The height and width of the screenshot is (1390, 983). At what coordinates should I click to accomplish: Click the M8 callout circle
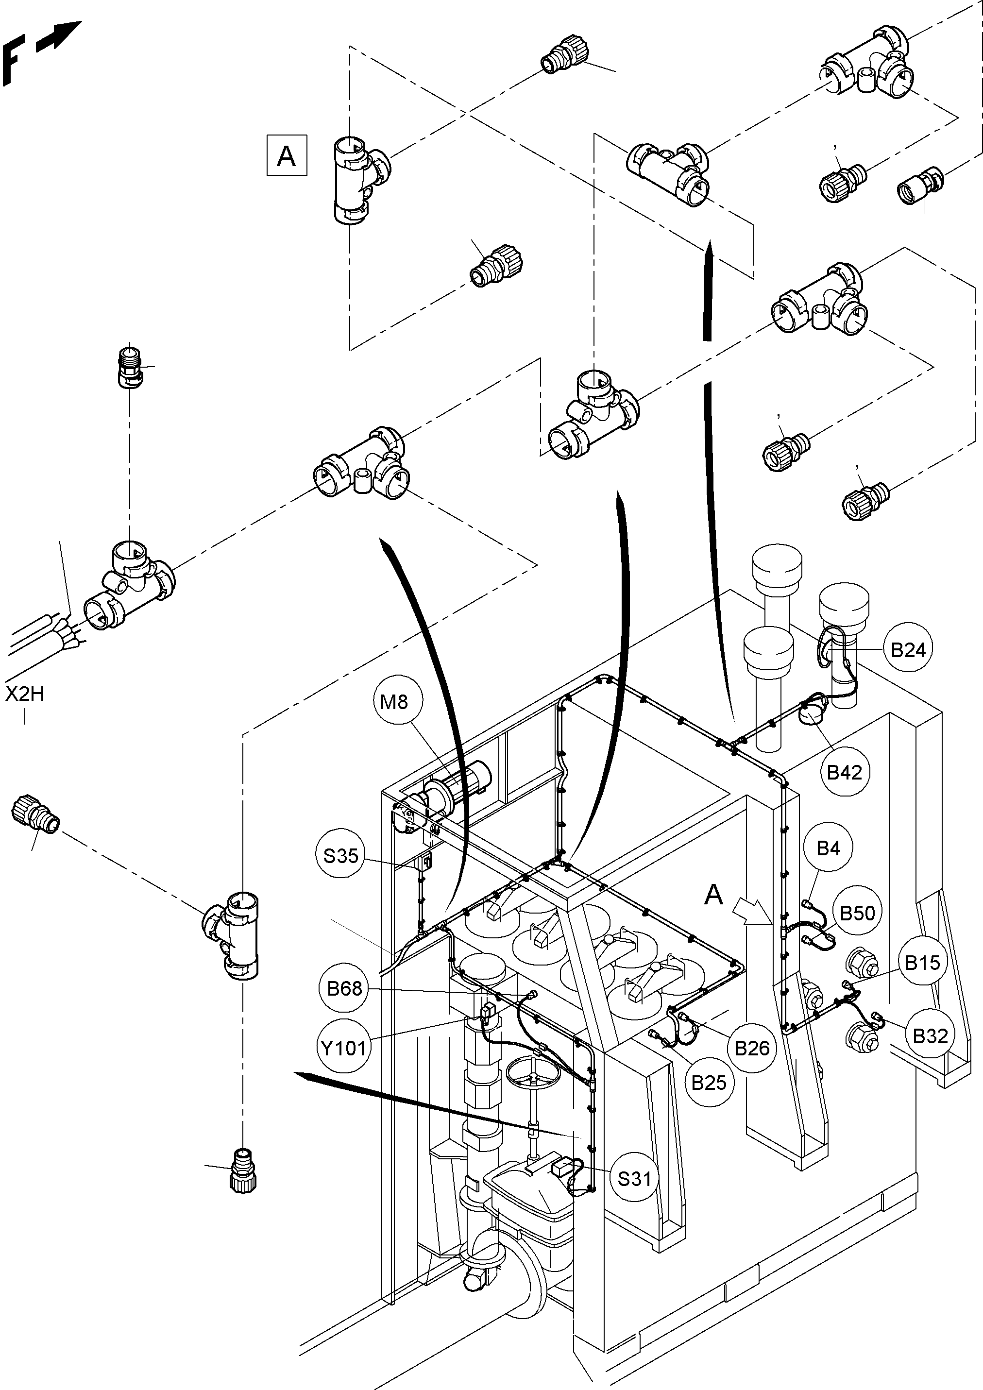394,702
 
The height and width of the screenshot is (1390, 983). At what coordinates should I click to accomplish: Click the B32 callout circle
930,1036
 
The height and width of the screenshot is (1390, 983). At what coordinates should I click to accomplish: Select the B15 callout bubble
922,962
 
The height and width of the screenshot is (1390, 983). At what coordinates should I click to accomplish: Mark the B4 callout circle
828,848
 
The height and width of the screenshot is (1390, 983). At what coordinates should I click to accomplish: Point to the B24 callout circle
908,650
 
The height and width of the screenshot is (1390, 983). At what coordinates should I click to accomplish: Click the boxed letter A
287,155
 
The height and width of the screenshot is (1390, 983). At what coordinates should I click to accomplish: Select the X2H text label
25,694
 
